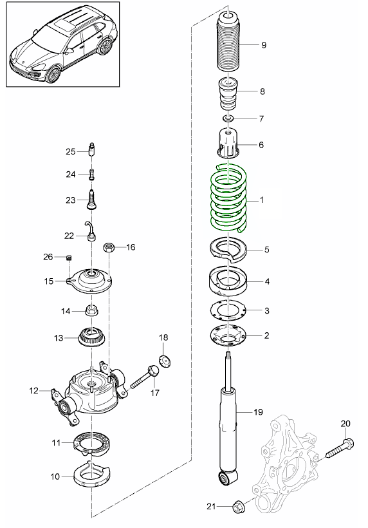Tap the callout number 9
click(x=264, y=45)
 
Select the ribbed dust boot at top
click(x=228, y=42)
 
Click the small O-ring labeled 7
click(x=228, y=118)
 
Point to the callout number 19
click(x=258, y=412)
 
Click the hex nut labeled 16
click(x=108, y=248)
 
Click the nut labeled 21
click(x=239, y=506)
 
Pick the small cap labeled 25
click(x=91, y=149)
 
